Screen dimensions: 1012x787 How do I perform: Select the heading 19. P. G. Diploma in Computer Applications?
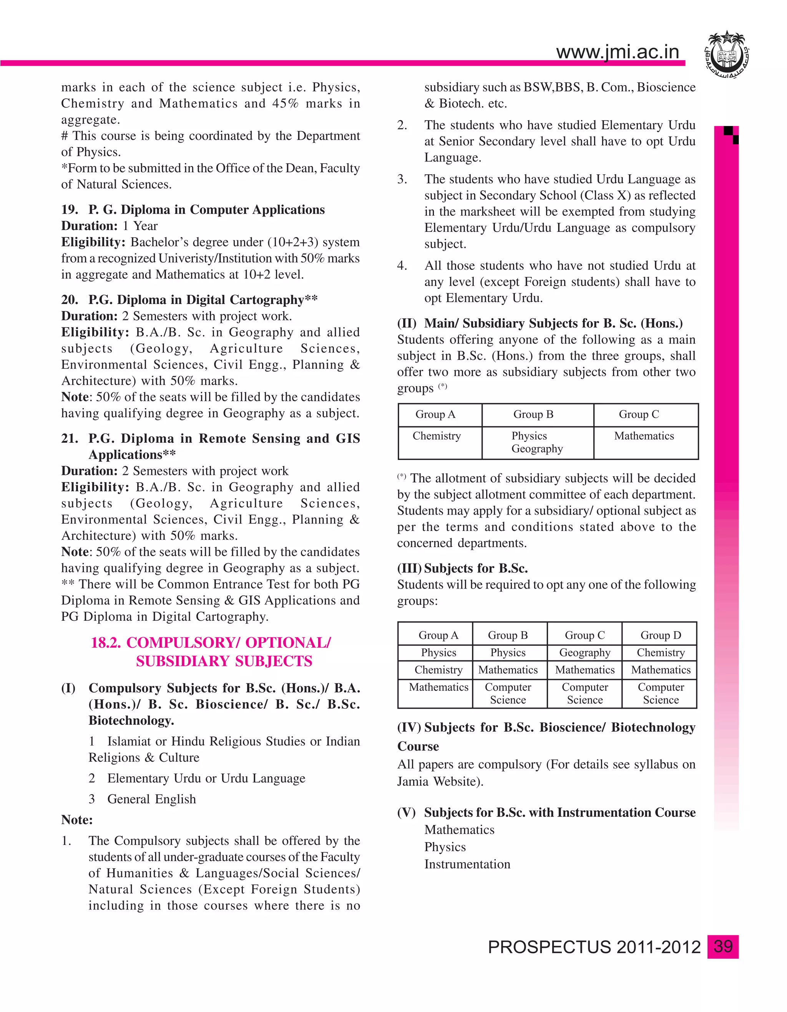click(x=193, y=210)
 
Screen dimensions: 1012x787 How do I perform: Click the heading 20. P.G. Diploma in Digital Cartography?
click(x=189, y=300)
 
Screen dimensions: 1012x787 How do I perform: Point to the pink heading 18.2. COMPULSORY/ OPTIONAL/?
click(x=211, y=643)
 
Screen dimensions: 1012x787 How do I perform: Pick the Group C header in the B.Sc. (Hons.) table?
click(x=639, y=414)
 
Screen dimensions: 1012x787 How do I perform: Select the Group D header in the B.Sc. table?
click(x=661, y=635)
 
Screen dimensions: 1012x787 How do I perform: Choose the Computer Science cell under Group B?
click(x=508, y=693)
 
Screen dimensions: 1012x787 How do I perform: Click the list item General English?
click(x=152, y=799)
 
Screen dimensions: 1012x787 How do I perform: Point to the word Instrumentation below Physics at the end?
click(x=467, y=864)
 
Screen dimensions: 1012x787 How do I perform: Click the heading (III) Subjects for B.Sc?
click(x=462, y=568)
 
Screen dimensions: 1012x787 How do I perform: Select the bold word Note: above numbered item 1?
click(x=77, y=820)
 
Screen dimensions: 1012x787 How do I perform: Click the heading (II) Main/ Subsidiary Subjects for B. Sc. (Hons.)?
click(x=540, y=323)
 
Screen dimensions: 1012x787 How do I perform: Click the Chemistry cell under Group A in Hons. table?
click(x=437, y=436)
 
